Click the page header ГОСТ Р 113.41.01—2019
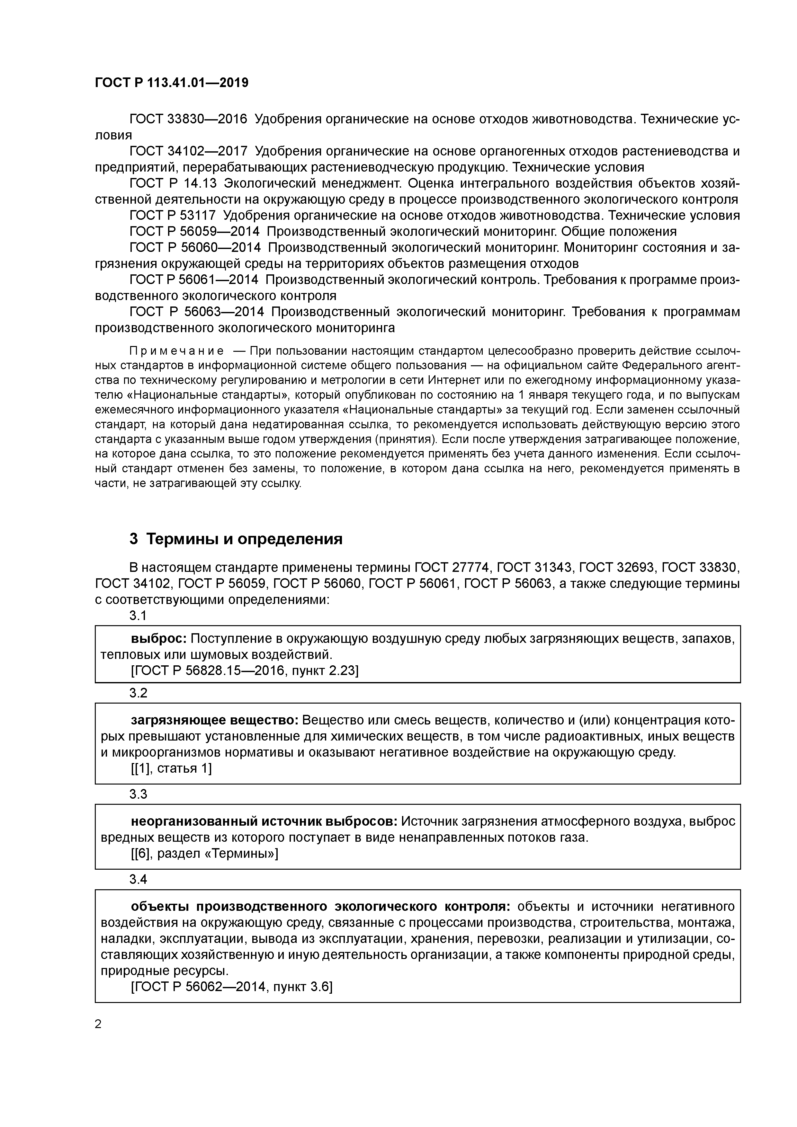coord(171,83)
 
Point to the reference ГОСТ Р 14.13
coord(173,183)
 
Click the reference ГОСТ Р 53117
coord(172,216)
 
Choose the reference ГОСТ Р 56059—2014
coord(194,231)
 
